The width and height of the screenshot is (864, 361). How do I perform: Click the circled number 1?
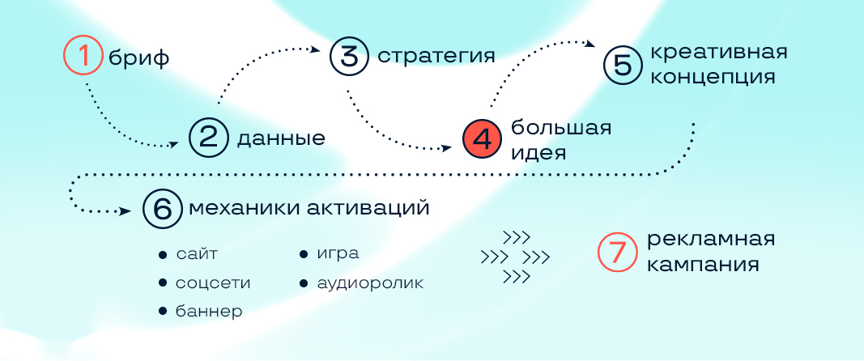[83, 56]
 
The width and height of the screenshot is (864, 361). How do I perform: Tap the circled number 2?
[209, 138]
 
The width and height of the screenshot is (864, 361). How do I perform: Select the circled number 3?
[349, 56]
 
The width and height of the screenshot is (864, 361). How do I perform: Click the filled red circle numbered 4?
[483, 140]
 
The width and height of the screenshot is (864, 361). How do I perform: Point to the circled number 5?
[624, 65]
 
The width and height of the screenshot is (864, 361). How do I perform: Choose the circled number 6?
[163, 208]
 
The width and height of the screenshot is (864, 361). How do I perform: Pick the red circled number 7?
[618, 253]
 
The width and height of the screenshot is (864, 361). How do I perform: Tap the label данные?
[281, 139]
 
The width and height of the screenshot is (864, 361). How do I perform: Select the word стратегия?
[436, 56]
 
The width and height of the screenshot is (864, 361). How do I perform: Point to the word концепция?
[713, 77]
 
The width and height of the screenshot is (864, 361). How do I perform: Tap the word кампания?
[703, 264]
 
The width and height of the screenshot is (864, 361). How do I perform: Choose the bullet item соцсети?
[204, 283]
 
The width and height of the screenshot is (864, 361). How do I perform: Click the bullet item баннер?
[201, 312]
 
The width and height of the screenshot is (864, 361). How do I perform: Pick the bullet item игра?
[329, 254]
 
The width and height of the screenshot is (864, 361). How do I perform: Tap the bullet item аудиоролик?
[362, 283]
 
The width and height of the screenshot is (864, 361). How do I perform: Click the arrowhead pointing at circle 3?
[316, 49]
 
